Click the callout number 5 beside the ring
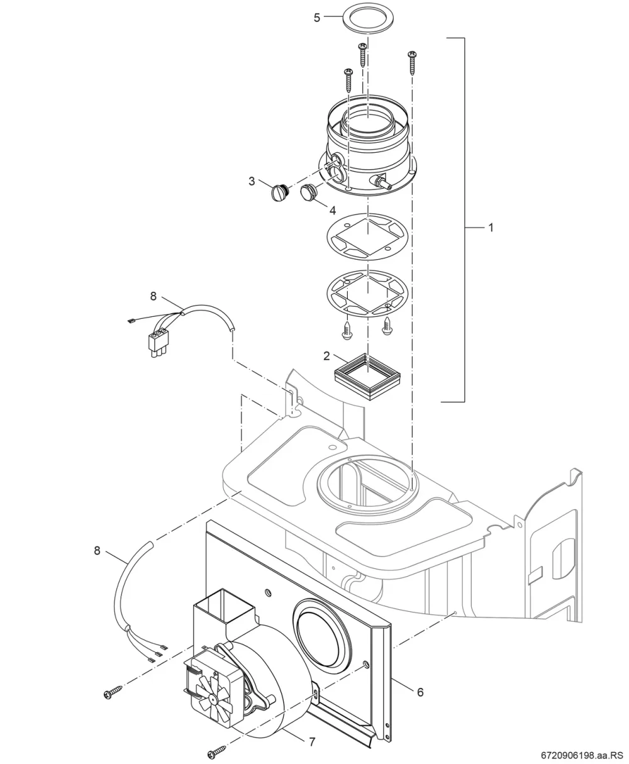(x=317, y=18)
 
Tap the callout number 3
(x=252, y=181)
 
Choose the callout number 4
(x=332, y=210)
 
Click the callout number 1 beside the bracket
(x=491, y=228)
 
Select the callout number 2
(x=326, y=356)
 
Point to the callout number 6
(x=420, y=692)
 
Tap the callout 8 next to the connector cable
(x=153, y=296)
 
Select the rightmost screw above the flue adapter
(x=412, y=63)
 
